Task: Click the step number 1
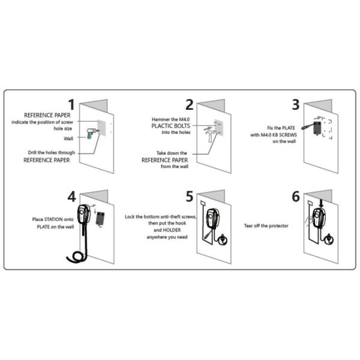[x=71, y=104]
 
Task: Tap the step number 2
[x=189, y=104]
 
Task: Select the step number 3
[x=295, y=104]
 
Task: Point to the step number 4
[x=72, y=196]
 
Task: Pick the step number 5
[x=190, y=196]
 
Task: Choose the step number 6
[x=295, y=196]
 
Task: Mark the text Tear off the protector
[x=267, y=226]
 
